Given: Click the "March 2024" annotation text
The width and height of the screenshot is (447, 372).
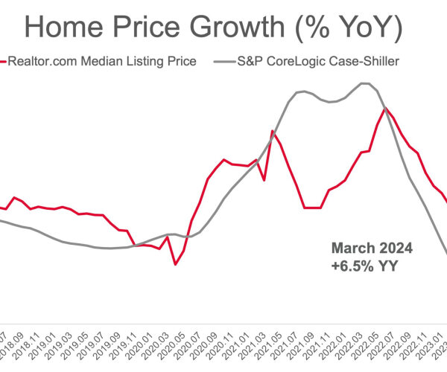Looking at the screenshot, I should tap(371, 248).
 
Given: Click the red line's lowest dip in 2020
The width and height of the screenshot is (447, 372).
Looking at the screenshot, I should tap(175, 264).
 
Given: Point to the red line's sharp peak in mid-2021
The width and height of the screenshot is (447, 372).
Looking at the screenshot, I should tap(272, 132).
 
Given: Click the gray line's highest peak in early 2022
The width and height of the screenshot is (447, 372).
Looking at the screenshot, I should tap(364, 83).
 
